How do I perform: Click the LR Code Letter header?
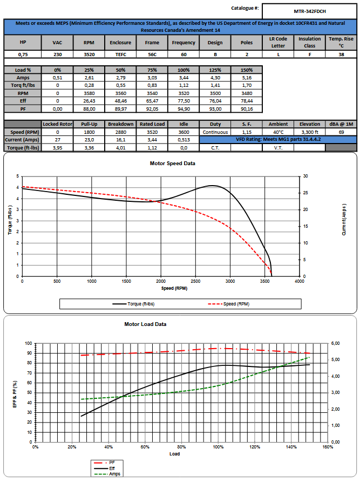[x=279, y=42]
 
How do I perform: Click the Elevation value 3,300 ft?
[x=309, y=132]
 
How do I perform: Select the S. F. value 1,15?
[x=247, y=132]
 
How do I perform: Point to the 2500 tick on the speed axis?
[x=195, y=281]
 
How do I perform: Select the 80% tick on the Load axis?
[x=181, y=447]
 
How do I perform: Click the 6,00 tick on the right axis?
[x=335, y=343]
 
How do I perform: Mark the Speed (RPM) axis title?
[x=174, y=288]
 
